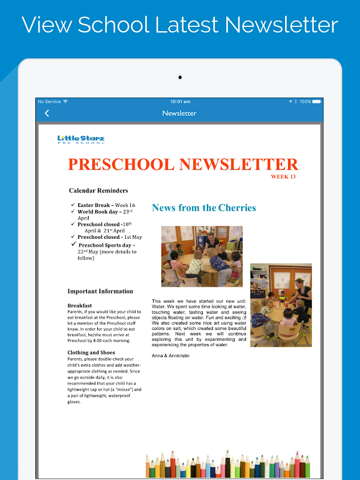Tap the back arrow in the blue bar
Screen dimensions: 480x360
tap(47, 113)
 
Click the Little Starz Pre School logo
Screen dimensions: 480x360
tap(81, 139)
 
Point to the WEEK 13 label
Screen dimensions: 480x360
tap(283, 177)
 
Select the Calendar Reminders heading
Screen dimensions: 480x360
tap(98, 191)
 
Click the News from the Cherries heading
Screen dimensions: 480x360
tap(203, 208)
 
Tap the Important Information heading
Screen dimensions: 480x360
tap(100, 292)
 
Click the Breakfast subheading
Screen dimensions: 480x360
tap(80, 305)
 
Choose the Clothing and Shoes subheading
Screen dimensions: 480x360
tap(91, 352)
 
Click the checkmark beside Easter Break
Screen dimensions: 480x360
tap(73, 205)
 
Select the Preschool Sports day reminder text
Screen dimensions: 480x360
tap(106, 245)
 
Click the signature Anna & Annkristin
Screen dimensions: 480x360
tap(170, 356)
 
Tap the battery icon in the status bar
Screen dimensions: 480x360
tap(317, 101)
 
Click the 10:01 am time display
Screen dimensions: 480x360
tap(180, 101)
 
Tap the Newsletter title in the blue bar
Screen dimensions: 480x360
tap(179, 113)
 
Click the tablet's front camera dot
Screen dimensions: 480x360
tap(179, 77)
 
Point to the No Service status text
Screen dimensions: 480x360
tap(49, 101)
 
